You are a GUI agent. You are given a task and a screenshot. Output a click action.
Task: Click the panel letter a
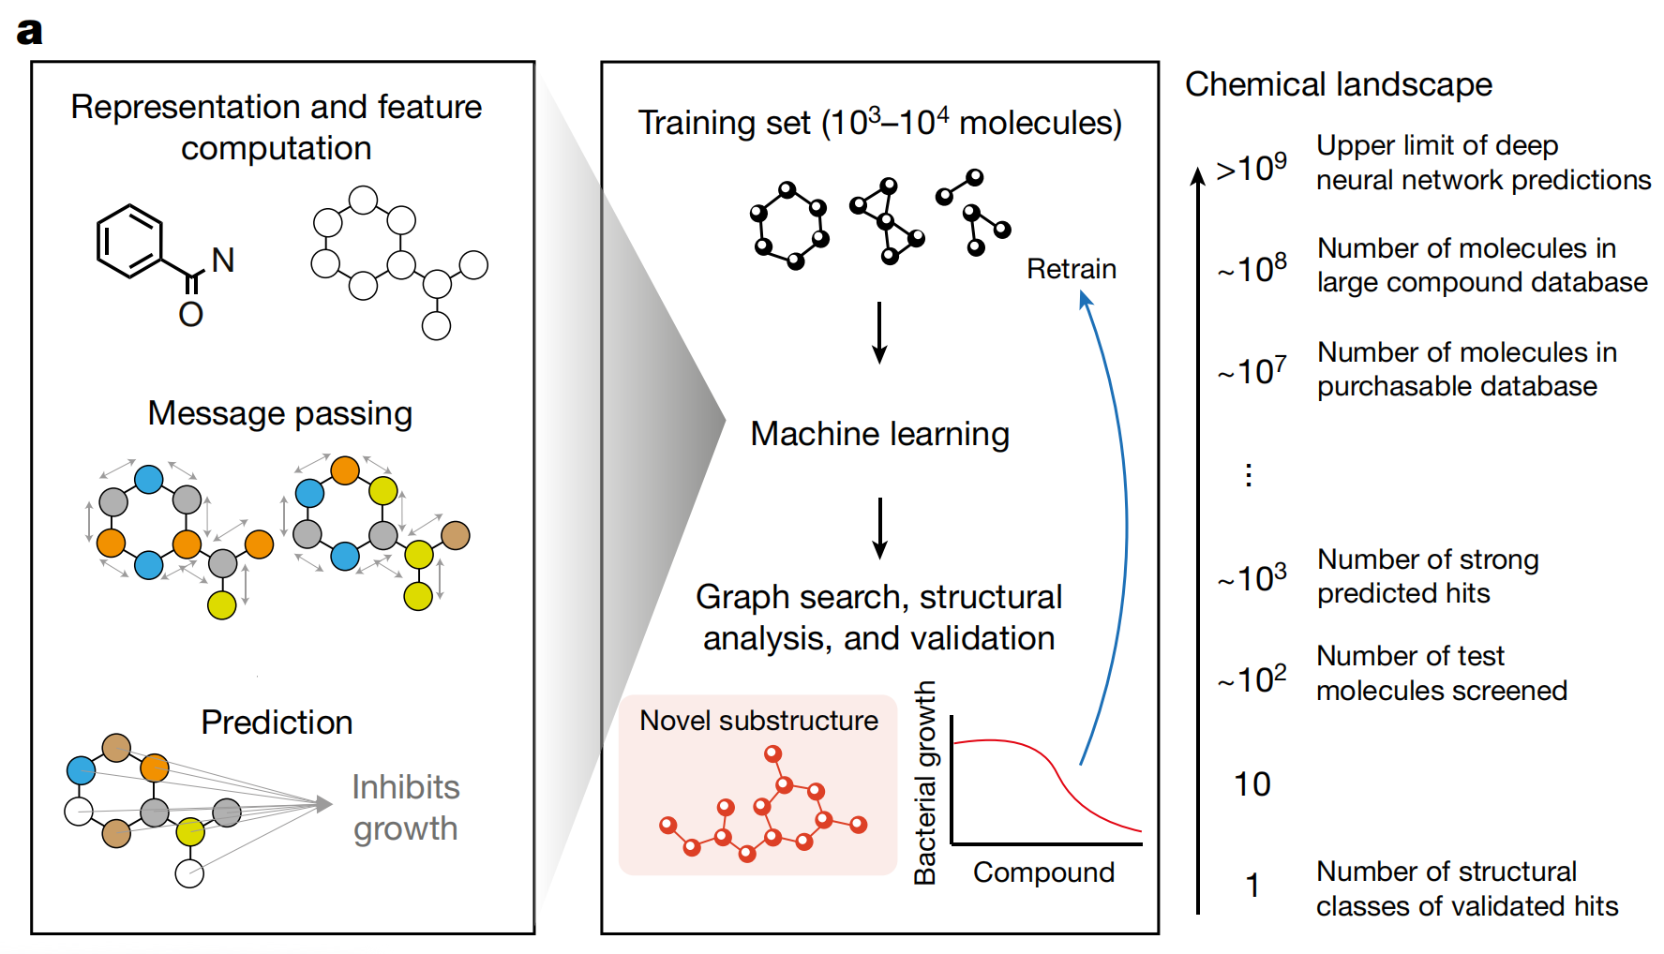coord(29,31)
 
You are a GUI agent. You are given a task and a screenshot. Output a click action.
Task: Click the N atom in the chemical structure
coord(223,261)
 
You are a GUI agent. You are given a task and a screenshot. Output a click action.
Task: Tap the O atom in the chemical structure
coord(191,314)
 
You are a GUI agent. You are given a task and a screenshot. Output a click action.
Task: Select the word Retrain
coord(1071,269)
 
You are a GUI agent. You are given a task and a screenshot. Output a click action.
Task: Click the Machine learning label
coord(879,434)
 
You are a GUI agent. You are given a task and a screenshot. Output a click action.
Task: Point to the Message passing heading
coord(279,413)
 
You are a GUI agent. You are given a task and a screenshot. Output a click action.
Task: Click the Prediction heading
coord(277,723)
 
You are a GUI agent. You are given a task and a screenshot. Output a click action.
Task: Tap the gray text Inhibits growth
coord(405,808)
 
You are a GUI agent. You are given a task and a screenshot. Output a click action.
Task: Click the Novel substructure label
coord(758,721)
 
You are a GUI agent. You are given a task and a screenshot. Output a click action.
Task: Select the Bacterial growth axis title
coord(924,783)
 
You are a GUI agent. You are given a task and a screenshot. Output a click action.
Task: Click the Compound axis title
coord(1043,872)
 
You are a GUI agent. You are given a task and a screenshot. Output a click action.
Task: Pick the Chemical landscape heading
coord(1338,84)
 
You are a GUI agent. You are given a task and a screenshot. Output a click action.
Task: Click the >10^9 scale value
coord(1252,168)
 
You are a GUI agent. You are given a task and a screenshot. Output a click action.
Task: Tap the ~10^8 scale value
coord(1252,269)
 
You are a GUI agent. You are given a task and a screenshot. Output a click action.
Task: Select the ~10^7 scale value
coord(1252,371)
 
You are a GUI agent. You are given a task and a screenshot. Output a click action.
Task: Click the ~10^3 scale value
coord(1252,578)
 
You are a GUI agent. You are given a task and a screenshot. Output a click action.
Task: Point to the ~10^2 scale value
coord(1252,678)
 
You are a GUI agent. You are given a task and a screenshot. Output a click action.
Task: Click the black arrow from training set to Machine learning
coord(879,333)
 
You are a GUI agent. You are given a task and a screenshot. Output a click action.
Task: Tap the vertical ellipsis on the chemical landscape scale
coord(1248,475)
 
